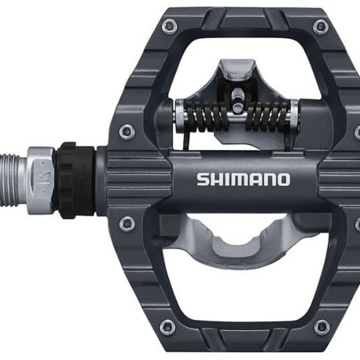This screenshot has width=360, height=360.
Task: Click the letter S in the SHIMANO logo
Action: pyautogui.click(x=203, y=179)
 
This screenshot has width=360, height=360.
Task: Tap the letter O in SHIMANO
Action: pyautogui.click(x=282, y=179)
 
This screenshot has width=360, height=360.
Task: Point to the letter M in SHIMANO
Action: pyautogui.click(x=236, y=179)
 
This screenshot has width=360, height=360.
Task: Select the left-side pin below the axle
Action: pyautogui.click(x=127, y=224)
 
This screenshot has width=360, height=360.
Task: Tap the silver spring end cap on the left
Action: pyautogui.click(x=179, y=114)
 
